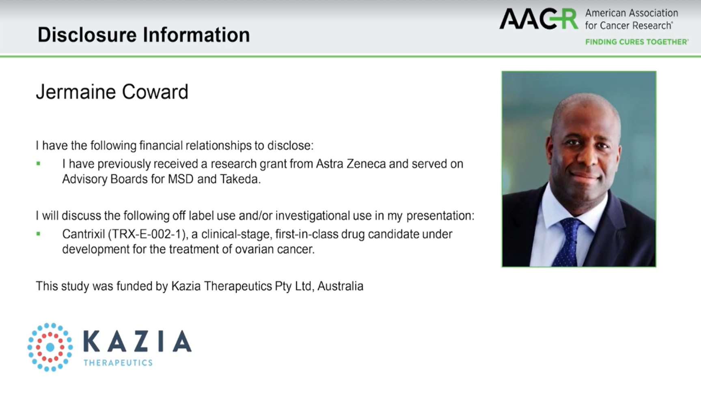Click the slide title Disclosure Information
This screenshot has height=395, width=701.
click(x=144, y=35)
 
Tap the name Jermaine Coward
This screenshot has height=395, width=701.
click(x=112, y=92)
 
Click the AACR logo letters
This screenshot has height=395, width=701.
click(x=539, y=19)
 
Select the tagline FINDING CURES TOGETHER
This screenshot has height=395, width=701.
click(x=636, y=42)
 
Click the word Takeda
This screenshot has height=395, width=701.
click(x=239, y=179)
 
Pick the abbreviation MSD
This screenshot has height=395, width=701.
click(x=181, y=179)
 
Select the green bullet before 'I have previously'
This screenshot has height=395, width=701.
click(x=38, y=164)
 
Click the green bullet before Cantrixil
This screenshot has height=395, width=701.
click(x=38, y=234)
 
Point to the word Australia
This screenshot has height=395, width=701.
click(x=340, y=286)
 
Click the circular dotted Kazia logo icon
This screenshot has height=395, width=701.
click(x=50, y=347)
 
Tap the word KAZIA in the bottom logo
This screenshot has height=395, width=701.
click(x=137, y=341)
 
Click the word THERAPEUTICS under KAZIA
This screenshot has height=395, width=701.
click(x=118, y=363)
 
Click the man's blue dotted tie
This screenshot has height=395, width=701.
click(x=570, y=242)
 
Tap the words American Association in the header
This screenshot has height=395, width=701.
click(x=631, y=13)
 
